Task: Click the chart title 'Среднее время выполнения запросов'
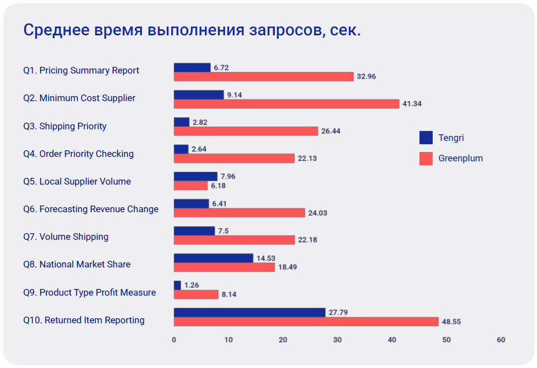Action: click(x=192, y=30)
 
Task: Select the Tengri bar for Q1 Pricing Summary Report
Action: click(x=192, y=67)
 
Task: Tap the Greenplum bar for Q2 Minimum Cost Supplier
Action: click(x=286, y=104)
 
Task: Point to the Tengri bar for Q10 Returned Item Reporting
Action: click(x=249, y=313)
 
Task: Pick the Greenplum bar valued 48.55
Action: click(x=306, y=322)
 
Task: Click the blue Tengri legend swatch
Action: click(x=426, y=138)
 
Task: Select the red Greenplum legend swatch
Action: click(x=426, y=159)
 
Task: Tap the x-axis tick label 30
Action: click(x=337, y=340)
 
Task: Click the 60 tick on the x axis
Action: click(x=501, y=340)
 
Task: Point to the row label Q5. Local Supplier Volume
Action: click(x=77, y=181)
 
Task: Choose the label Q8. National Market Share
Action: click(x=77, y=264)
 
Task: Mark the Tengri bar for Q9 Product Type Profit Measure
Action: click(x=177, y=285)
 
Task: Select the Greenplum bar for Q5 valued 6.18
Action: click(x=190, y=186)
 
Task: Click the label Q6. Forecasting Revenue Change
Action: click(x=91, y=209)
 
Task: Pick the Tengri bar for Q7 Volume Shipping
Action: click(x=194, y=231)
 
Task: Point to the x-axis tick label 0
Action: click(x=174, y=340)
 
